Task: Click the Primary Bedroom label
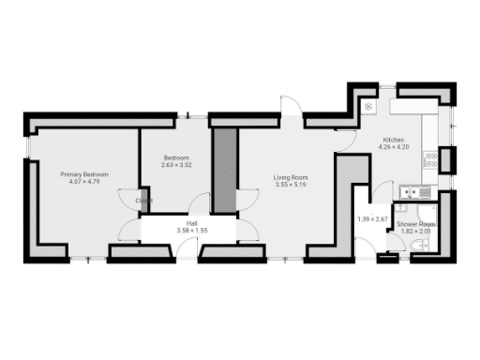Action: (x=84, y=174)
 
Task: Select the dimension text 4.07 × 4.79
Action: (x=84, y=182)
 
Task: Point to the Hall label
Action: (x=191, y=223)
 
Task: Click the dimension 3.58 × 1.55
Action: (x=191, y=231)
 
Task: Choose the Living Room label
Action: (x=291, y=178)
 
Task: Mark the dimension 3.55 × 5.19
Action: (x=291, y=186)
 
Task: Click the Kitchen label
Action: (x=390, y=139)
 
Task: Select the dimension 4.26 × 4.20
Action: (x=390, y=146)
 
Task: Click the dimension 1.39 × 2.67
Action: (x=372, y=219)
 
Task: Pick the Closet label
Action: (x=143, y=201)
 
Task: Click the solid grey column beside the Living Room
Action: (x=224, y=170)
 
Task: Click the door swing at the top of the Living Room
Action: (x=292, y=110)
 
